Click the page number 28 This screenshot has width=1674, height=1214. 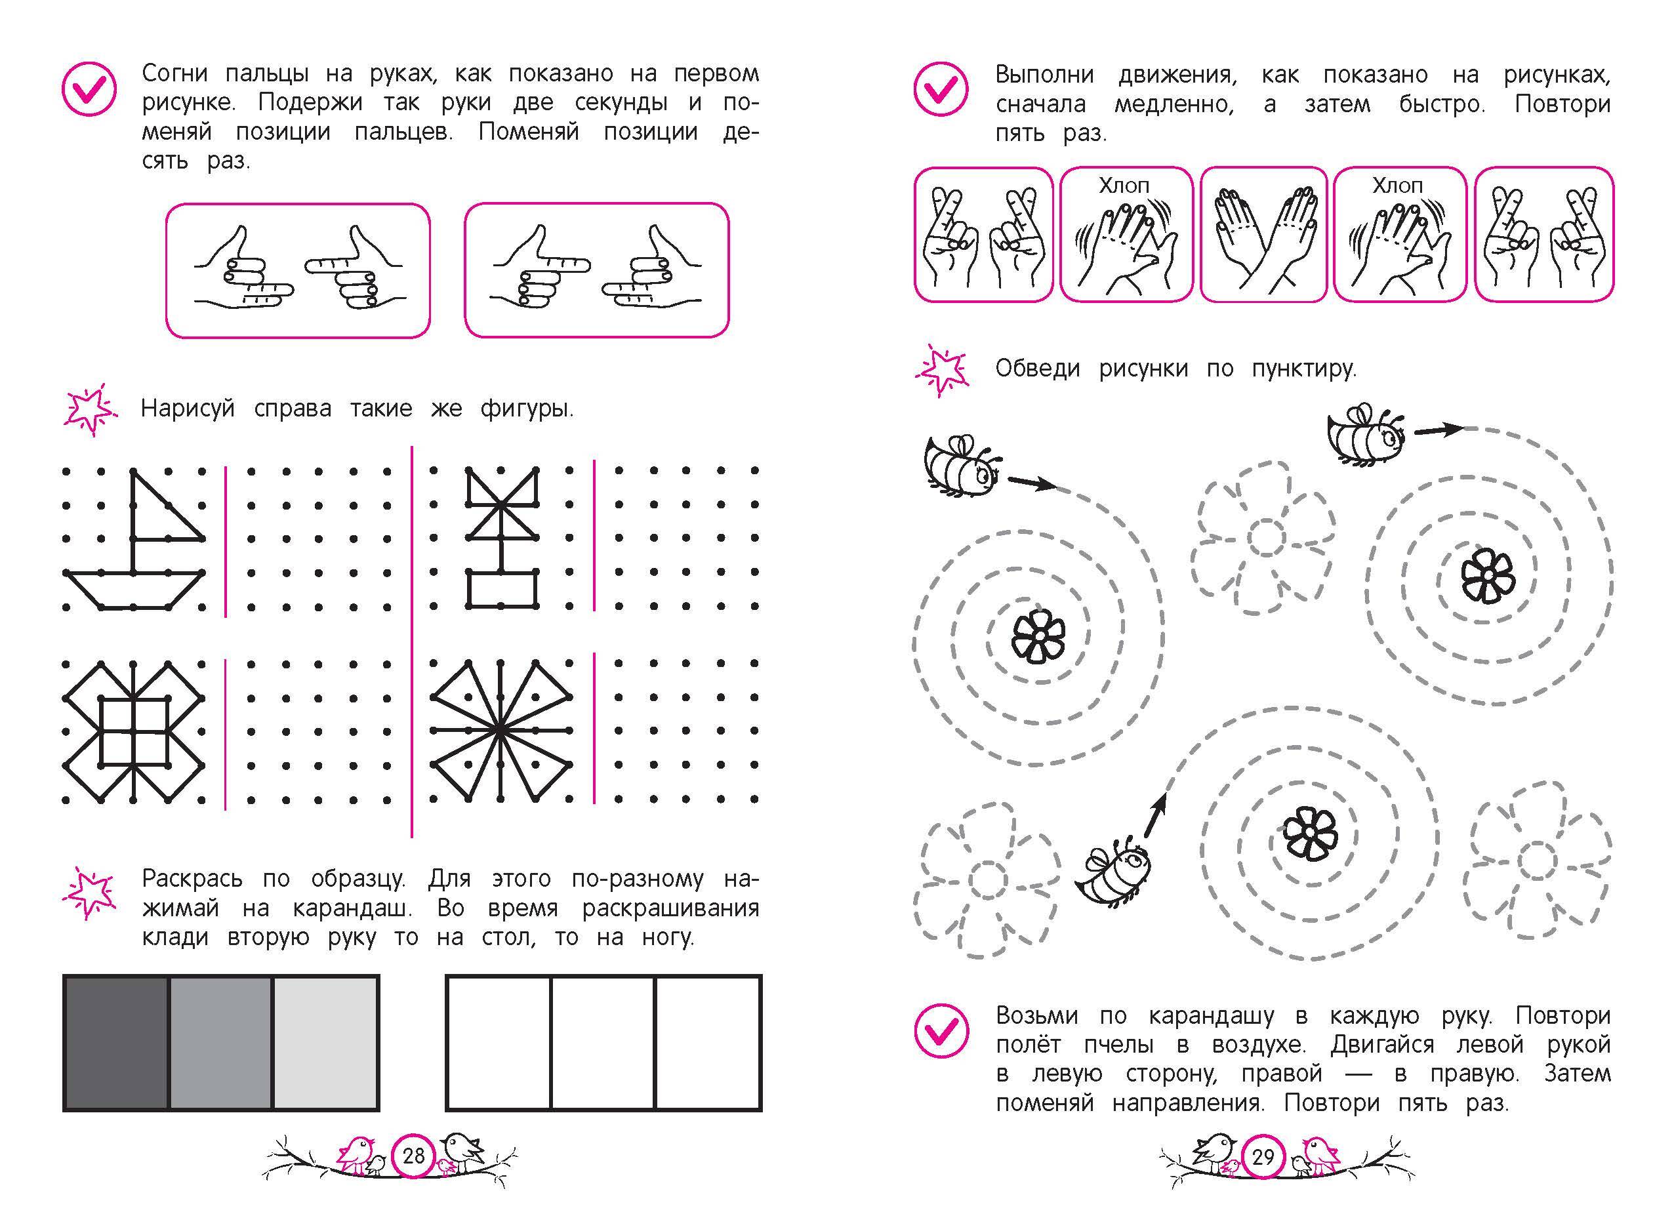413,1156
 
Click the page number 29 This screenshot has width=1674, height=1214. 1263,1156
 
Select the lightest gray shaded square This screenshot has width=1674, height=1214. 325,1042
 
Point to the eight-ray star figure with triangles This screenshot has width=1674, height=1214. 500,731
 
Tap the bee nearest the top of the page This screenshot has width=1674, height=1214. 1366,435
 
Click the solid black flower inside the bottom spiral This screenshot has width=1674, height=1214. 1309,832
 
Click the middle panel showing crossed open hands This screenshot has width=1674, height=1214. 1263,235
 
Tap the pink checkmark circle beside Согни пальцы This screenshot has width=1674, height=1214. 89,88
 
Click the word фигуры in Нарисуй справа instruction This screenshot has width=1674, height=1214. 526,408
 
